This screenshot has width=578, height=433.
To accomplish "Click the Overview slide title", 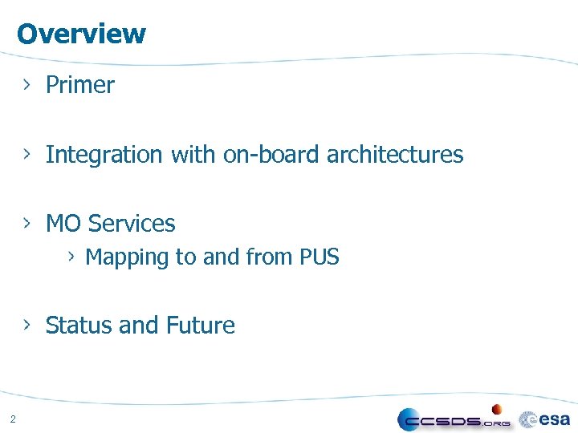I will point(81,34).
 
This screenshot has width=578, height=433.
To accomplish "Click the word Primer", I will point(80,85).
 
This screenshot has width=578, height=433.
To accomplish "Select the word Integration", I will point(104,155).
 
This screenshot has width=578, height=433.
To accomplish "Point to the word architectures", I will point(395,155).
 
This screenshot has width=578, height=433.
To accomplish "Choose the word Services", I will point(132,224).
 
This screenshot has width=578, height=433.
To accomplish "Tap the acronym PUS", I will point(320,257).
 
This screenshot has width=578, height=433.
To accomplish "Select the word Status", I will point(79,326).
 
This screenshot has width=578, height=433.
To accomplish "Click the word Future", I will point(200,326).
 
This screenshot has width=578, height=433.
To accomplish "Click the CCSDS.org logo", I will point(454,419).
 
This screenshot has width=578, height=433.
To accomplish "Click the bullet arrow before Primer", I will point(27,84).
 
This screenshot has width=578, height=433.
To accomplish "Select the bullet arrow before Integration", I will point(27,154).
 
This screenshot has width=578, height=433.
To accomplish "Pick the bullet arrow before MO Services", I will point(27,223).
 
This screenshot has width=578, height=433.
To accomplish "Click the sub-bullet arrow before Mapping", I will point(71,257).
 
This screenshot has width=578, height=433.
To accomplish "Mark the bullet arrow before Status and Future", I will point(27,325).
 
